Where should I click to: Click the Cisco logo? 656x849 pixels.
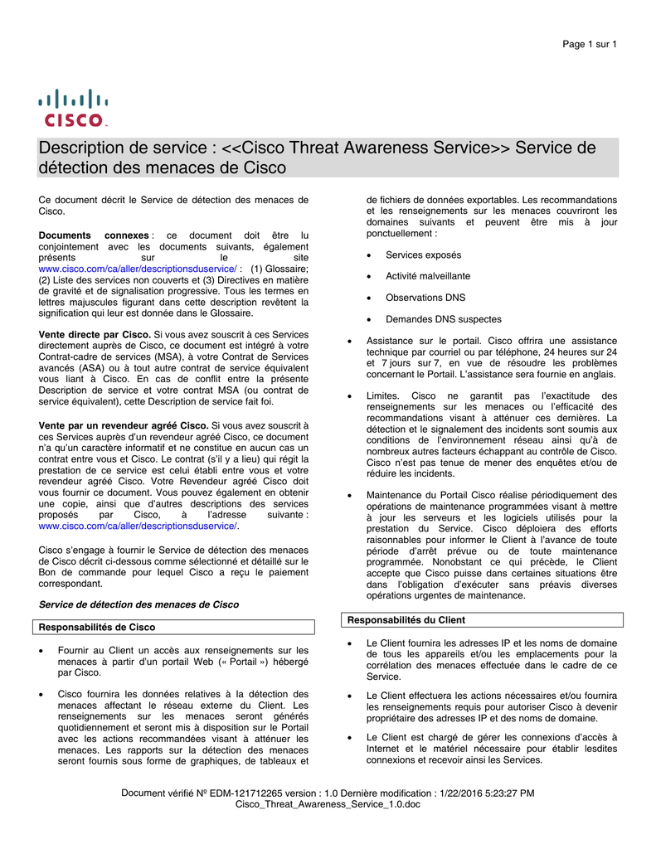(73, 108)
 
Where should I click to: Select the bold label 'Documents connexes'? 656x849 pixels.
(94, 235)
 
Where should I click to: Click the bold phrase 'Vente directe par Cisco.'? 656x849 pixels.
(95, 334)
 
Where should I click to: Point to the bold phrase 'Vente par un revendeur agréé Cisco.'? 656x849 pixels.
(124, 425)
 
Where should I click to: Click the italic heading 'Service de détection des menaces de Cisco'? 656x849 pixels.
(138, 604)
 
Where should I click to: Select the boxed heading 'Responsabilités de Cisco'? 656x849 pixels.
(98, 627)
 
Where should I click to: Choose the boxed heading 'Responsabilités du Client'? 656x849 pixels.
(406, 619)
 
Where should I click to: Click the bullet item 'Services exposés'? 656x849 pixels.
(423, 255)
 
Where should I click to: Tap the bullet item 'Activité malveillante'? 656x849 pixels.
(427, 276)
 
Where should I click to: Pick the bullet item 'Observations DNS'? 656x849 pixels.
(425, 298)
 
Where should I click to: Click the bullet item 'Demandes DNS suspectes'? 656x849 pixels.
(443, 319)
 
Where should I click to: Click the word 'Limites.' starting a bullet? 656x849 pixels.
(385, 396)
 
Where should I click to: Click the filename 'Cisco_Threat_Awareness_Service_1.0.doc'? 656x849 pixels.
(328, 805)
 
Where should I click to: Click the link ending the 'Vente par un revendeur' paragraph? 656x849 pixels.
(138, 526)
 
